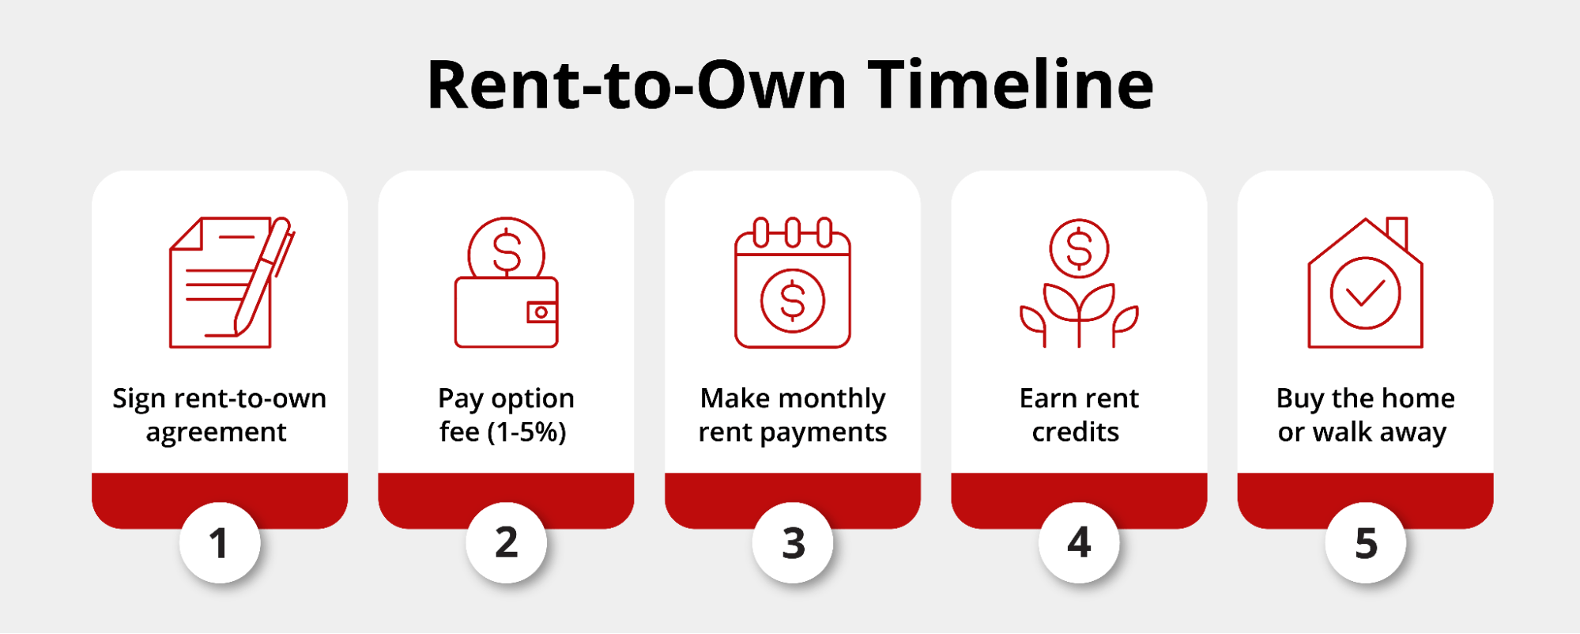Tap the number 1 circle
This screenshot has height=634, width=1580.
tap(220, 543)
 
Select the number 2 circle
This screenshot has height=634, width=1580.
tap(507, 543)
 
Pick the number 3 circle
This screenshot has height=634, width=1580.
tap(793, 543)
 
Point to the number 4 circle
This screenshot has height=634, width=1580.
tap(1079, 543)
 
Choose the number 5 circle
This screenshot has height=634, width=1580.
tap(1366, 543)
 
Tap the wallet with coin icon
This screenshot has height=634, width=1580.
tap(507, 282)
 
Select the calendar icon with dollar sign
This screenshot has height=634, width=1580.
tap(793, 282)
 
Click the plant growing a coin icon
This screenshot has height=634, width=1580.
tap(1079, 282)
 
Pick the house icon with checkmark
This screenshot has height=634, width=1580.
tap(1366, 282)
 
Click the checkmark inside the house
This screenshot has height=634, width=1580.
tap(1366, 293)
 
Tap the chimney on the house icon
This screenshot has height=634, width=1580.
tap(1397, 232)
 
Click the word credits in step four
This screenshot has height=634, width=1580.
tap(1076, 432)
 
